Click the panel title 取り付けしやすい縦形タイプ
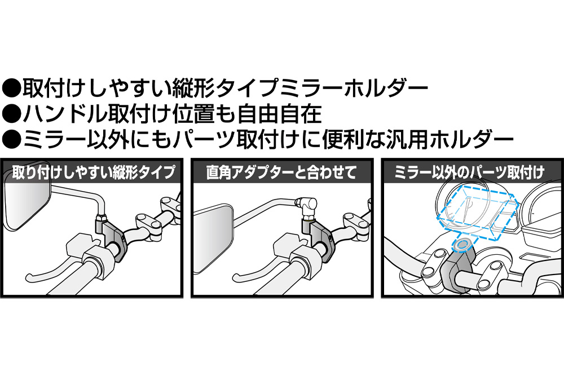tap(94, 172)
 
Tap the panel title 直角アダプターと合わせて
tap(281, 172)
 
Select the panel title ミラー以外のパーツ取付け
tap(469, 172)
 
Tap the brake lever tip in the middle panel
tap(236, 277)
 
